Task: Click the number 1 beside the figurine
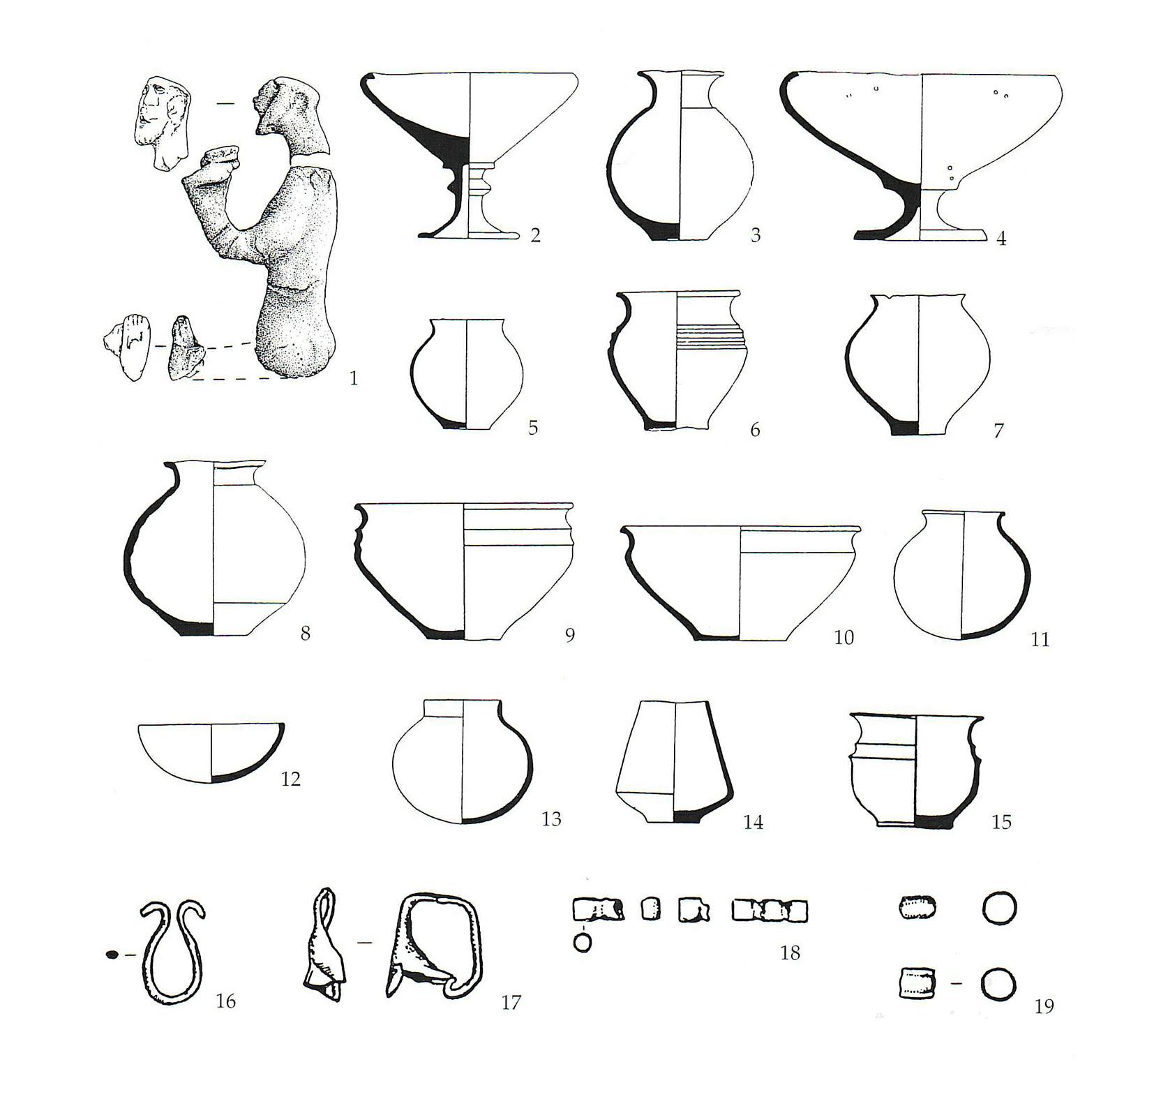click(354, 379)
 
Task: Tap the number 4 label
click(1001, 239)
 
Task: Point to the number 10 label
click(844, 637)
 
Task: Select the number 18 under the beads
click(790, 953)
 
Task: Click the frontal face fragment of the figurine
click(160, 120)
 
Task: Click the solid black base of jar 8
click(195, 628)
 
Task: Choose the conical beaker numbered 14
click(673, 761)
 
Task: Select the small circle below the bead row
click(582, 943)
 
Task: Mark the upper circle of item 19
click(999, 909)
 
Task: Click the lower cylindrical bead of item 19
click(915, 984)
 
